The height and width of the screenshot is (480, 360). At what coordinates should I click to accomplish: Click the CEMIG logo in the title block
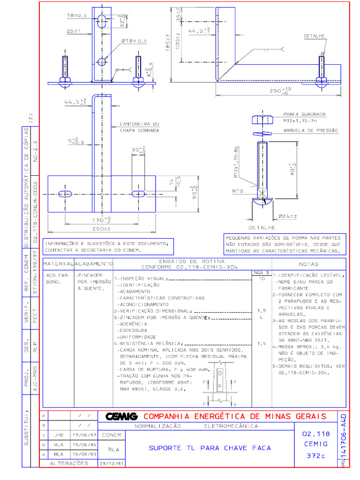(x=121, y=416)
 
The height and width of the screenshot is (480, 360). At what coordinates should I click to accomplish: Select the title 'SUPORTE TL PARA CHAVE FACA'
(x=210, y=448)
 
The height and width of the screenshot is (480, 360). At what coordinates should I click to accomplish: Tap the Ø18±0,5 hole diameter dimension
(x=134, y=41)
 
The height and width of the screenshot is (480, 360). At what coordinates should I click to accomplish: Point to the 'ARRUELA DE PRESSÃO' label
(x=310, y=130)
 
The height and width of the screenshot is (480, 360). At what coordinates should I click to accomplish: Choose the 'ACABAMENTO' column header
(x=94, y=264)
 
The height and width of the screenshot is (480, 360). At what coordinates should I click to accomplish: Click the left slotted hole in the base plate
(x=65, y=194)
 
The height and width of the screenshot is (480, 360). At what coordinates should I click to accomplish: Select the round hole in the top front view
(x=102, y=61)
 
